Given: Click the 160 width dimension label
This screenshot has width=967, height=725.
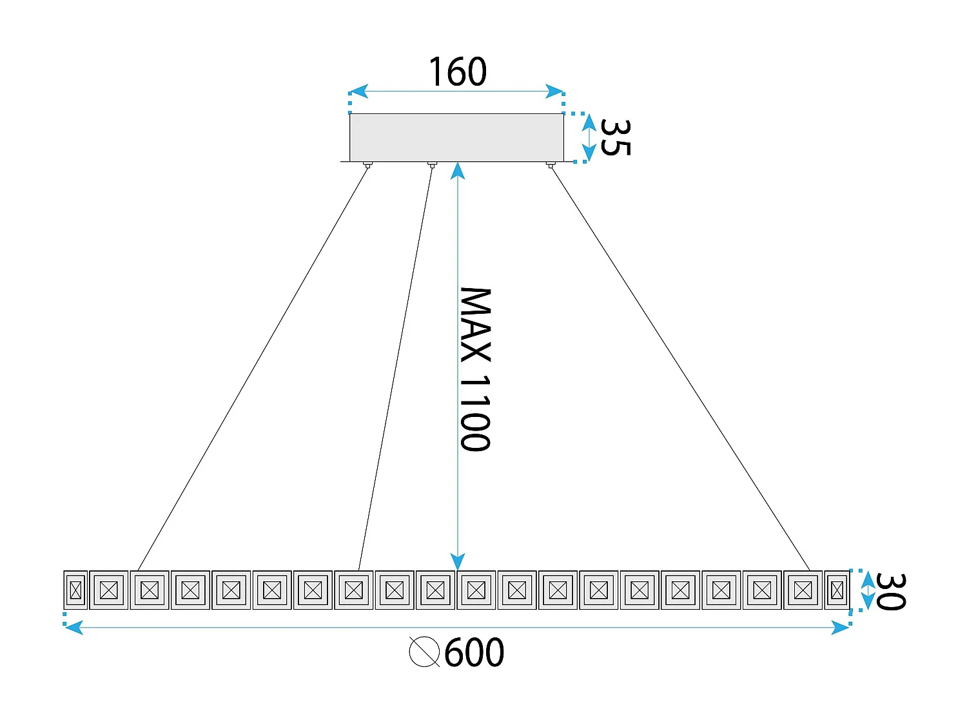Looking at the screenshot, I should (x=457, y=72).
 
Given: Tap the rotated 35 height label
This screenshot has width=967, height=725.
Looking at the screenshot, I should (x=614, y=137).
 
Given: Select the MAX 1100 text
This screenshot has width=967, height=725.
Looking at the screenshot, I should (x=475, y=369).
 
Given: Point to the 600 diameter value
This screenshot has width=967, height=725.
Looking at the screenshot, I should (x=474, y=653).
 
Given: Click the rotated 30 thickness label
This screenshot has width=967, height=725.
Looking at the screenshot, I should (x=891, y=591).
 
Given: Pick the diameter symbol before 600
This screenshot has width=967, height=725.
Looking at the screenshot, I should (x=425, y=652).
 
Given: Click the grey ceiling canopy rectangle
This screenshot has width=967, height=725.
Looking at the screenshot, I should (x=456, y=137).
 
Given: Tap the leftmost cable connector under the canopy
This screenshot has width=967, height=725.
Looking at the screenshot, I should (x=367, y=165).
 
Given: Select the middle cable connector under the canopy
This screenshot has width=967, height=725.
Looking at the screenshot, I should (x=432, y=165).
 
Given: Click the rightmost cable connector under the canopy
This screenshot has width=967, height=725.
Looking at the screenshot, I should (x=550, y=165).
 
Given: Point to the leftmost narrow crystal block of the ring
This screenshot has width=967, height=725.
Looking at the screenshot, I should (x=75, y=590).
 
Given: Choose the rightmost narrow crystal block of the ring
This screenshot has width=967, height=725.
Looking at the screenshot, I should (x=837, y=590).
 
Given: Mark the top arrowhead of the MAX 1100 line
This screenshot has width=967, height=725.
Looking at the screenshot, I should (x=458, y=170).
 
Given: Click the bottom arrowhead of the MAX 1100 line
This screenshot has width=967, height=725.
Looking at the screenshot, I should (x=458, y=562).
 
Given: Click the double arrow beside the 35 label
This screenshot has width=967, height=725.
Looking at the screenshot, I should (x=589, y=137).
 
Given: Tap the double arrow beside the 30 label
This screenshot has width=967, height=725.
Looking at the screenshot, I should (x=868, y=590).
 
